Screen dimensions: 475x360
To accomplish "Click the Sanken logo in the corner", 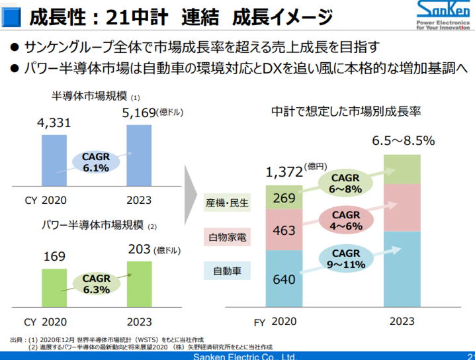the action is [x=443, y=15].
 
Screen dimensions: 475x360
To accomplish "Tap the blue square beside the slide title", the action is [x=11, y=17].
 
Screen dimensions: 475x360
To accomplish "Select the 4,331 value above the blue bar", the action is [x=54, y=122].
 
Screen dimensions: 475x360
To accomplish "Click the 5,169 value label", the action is [x=139, y=112].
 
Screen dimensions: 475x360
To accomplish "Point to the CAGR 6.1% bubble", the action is [x=96, y=162].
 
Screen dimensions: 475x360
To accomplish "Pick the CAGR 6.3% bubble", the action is [x=97, y=284].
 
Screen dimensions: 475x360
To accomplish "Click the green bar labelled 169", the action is [x=54, y=288].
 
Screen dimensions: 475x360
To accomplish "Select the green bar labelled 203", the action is [x=140, y=285].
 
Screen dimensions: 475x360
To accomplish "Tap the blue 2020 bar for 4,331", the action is [x=54, y=160].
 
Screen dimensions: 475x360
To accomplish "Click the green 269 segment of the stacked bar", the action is [x=284, y=197].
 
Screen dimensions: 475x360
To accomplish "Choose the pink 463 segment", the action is [x=284, y=230].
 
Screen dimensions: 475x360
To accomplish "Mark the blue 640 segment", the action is [x=284, y=279].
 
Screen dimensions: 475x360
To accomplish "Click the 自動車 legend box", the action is [x=227, y=270].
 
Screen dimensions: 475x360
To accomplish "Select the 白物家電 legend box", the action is [x=227, y=237].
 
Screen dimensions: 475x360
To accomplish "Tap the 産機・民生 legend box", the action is [x=227, y=202].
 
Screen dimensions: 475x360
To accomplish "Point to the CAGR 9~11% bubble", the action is [x=346, y=259].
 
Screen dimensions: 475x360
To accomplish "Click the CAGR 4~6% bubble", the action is [x=346, y=220].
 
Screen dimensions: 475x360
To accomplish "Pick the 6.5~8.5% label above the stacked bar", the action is [x=403, y=140].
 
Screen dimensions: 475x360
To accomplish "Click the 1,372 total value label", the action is [x=284, y=172].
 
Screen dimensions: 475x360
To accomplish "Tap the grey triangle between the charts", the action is [x=191, y=195].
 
